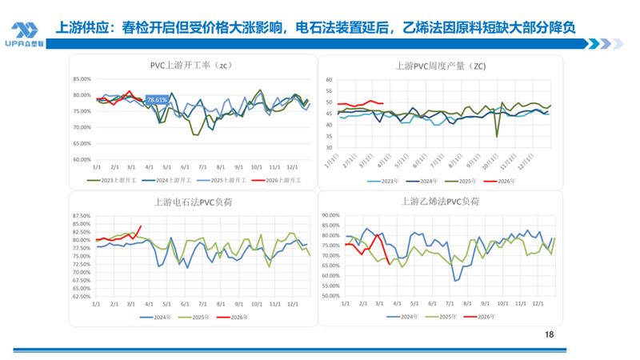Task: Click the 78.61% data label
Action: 155,100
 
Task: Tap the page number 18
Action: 548,335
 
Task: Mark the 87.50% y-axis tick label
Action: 81,216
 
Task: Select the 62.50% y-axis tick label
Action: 81,296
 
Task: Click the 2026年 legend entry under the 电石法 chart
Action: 239,316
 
